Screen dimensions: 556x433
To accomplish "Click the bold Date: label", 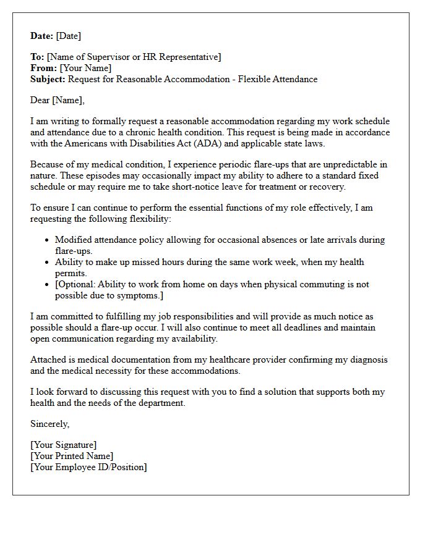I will [x=42, y=36].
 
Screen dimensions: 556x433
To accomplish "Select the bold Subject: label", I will [x=48, y=79].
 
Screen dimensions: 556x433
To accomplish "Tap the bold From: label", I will [x=44, y=68].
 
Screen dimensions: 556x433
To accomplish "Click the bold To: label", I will [x=38, y=57].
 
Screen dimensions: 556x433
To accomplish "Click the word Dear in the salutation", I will [x=40, y=100].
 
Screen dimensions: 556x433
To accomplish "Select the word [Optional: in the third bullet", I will [x=77, y=284].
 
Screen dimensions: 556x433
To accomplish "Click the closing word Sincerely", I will [x=49, y=424].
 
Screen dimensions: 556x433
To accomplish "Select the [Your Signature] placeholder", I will [x=63, y=445].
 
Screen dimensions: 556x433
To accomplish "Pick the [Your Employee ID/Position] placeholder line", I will [x=88, y=467].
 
